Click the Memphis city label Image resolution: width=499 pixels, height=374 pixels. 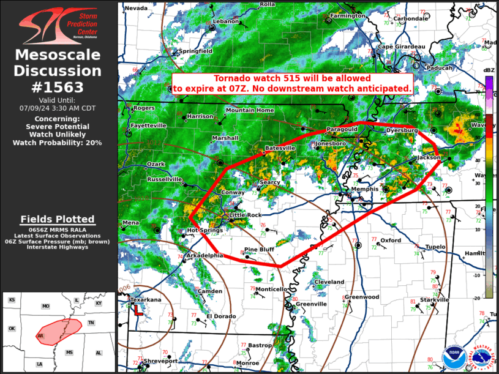pyautogui.click(x=365, y=190)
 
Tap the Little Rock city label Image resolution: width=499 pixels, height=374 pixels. pyautogui.click(x=245, y=215)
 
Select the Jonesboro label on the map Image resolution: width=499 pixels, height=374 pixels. pyautogui.click(x=331, y=143)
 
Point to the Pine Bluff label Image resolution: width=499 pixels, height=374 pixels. pyautogui.click(x=260, y=250)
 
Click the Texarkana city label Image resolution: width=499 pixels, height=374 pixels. pyautogui.click(x=146, y=300)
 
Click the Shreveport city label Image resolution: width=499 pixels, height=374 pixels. pyautogui.click(x=160, y=361)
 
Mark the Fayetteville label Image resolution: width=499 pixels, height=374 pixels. pyautogui.click(x=148, y=125)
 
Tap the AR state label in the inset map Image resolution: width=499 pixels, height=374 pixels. pyautogui.click(x=40, y=336)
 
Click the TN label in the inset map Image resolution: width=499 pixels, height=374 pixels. pyautogui.click(x=91, y=323)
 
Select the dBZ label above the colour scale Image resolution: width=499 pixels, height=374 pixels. pyautogui.click(x=489, y=71)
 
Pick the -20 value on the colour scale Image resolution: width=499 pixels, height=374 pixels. pyautogui.click(x=489, y=298)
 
